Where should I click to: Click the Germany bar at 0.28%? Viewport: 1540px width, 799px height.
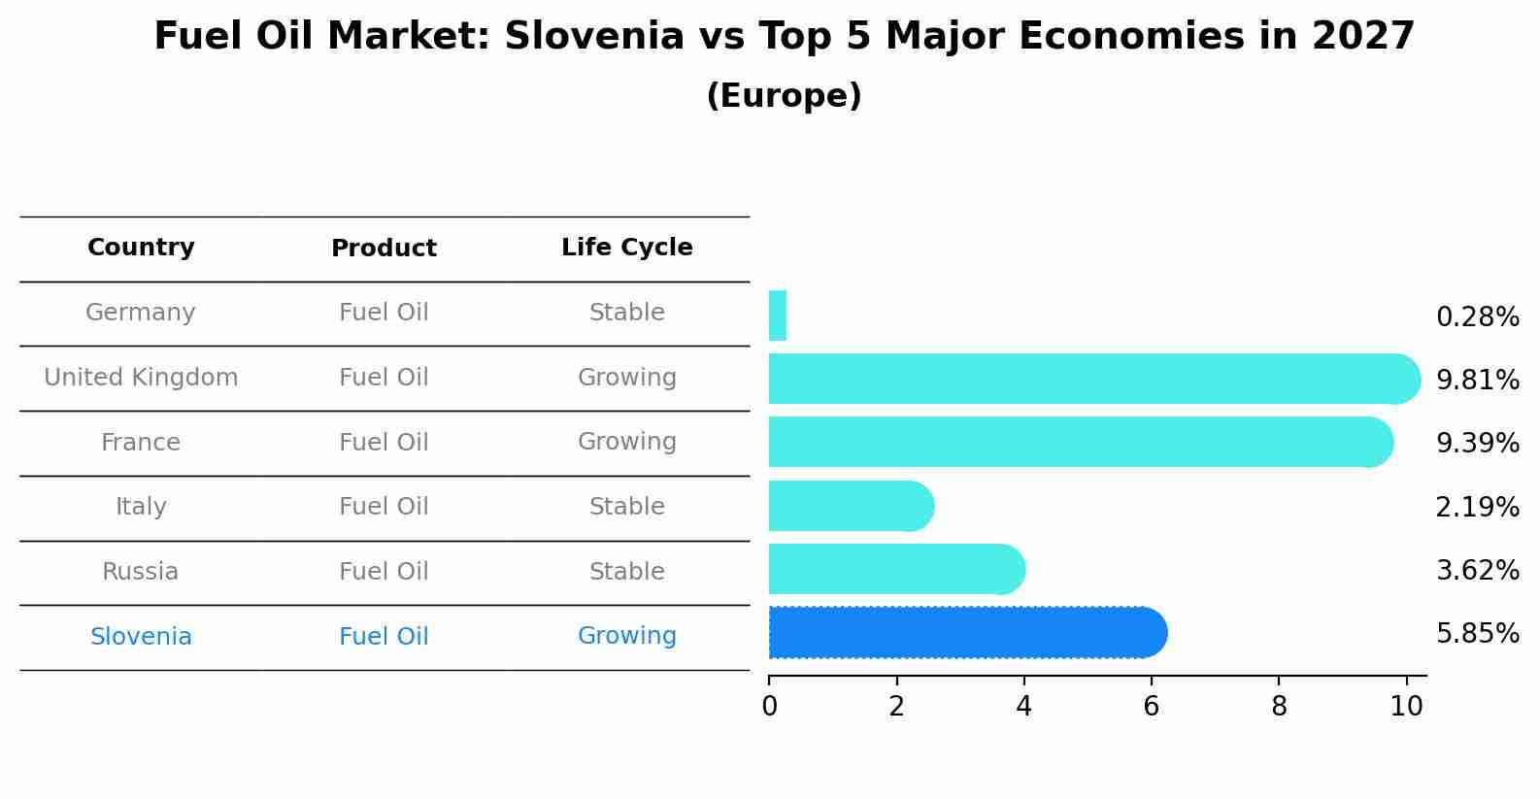(x=778, y=316)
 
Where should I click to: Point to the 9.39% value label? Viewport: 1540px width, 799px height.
(x=1477, y=444)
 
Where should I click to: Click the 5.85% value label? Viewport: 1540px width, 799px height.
(x=1477, y=634)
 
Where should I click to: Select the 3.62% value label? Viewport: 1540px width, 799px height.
(x=1477, y=571)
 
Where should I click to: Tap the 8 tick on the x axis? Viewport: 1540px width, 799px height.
(x=1279, y=707)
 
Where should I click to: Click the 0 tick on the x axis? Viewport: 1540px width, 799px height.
(x=769, y=707)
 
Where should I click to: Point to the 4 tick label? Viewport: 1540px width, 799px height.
(x=1023, y=707)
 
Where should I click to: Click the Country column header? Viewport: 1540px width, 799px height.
(x=141, y=248)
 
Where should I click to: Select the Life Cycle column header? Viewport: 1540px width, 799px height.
(x=626, y=248)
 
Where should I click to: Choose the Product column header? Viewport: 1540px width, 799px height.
(x=384, y=249)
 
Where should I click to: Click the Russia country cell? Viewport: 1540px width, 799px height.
(x=141, y=572)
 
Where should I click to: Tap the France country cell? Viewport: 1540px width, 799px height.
(x=141, y=443)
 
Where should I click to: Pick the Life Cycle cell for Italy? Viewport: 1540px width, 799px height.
(x=626, y=507)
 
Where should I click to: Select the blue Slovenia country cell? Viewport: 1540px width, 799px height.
(x=141, y=637)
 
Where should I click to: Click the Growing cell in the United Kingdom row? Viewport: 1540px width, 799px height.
(x=626, y=378)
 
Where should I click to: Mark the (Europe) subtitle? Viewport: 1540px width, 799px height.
(x=784, y=96)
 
